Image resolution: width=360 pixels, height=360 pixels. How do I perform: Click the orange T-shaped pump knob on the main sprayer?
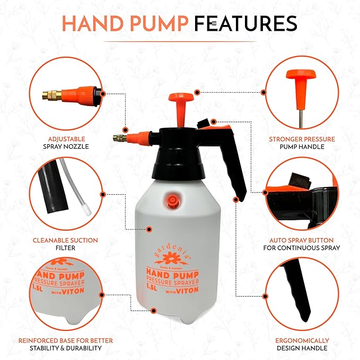coord(179,99)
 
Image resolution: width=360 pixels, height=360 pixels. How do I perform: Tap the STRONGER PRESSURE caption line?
coord(301,139)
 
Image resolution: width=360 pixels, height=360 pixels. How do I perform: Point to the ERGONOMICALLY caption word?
coord(301,340)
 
